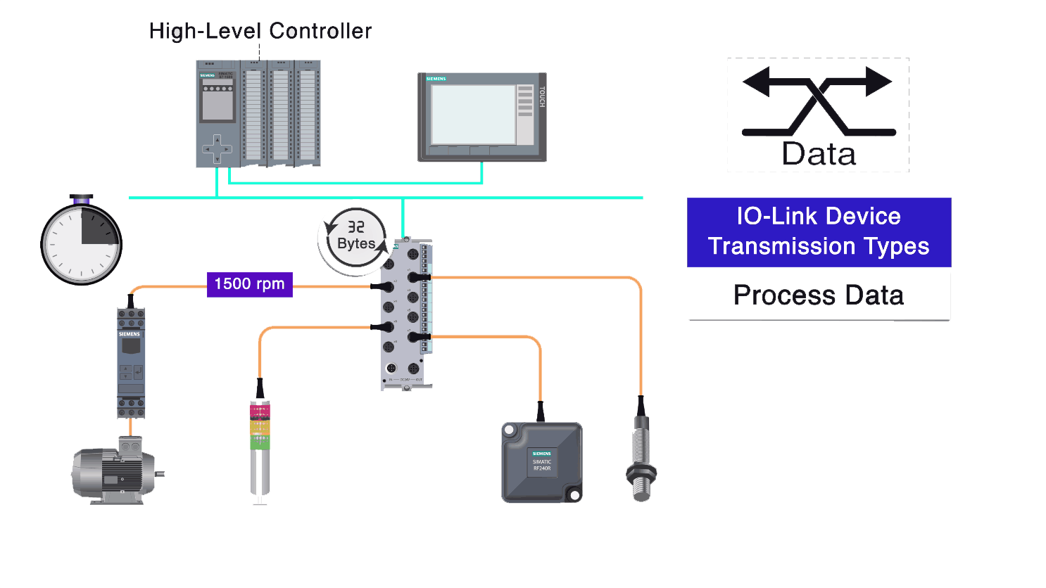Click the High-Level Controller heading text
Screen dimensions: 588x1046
coord(260,31)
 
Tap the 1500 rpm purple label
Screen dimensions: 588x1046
coord(249,284)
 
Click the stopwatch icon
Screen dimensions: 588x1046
coord(82,243)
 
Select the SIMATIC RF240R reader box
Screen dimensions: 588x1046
coord(541,462)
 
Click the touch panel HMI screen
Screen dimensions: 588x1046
coord(474,115)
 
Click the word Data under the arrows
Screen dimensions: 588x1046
coord(819,153)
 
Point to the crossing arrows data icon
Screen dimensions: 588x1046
coord(818,102)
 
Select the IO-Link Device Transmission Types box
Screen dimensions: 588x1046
coord(819,231)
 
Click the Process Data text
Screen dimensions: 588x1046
coord(819,295)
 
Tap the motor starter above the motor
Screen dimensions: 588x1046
coord(131,362)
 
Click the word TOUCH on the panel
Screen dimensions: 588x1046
coord(541,97)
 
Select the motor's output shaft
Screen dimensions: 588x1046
coord(160,473)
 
